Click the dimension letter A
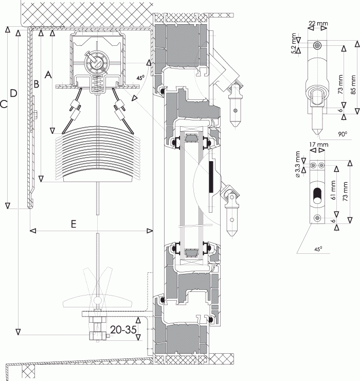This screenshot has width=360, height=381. [x=48, y=74]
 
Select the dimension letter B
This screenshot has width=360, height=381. [x=36, y=84]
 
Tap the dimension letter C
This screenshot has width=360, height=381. [x=4, y=105]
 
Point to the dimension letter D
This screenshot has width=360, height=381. [x=13, y=93]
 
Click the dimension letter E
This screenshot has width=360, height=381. [x=74, y=223]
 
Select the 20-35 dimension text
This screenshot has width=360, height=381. [x=123, y=330]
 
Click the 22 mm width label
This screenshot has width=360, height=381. [x=318, y=23]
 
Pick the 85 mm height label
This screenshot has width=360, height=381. [x=353, y=84]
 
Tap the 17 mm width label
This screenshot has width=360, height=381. [x=319, y=145]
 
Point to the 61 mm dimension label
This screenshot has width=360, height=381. [x=333, y=190]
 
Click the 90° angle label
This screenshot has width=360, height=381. [x=343, y=134]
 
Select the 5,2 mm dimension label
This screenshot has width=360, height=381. [x=294, y=43]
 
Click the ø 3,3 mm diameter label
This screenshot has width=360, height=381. [x=298, y=165]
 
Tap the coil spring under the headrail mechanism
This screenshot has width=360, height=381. [x=98, y=84]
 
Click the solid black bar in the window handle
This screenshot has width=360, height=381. [x=211, y=177]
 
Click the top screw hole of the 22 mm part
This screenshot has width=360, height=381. [x=317, y=45]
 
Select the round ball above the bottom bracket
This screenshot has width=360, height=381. [x=98, y=301]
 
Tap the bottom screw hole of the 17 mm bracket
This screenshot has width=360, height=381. [x=317, y=218]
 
